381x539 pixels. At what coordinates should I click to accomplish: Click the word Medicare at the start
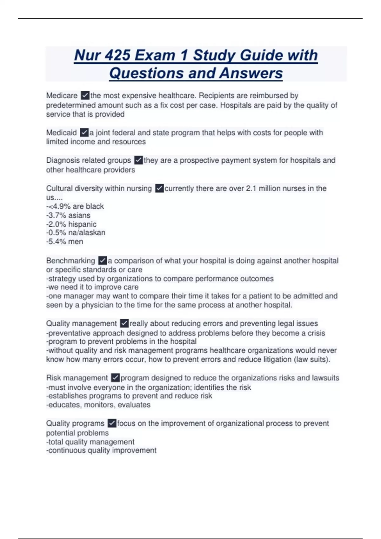62,95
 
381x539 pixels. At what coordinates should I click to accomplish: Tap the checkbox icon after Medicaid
84,132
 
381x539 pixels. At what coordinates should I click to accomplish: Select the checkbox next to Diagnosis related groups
138,160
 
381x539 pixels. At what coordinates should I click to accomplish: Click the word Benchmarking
70,261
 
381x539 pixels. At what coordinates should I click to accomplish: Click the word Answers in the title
251,73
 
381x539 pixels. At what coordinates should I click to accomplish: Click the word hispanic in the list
82,224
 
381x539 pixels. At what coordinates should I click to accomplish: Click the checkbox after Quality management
124,323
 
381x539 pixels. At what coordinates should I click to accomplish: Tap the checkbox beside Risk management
115,378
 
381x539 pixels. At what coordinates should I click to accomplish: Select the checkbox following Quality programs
112,423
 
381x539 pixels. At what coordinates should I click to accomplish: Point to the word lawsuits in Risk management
325,378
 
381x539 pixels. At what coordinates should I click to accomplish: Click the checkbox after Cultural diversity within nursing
159,188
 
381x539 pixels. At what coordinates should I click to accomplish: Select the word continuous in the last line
65,451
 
